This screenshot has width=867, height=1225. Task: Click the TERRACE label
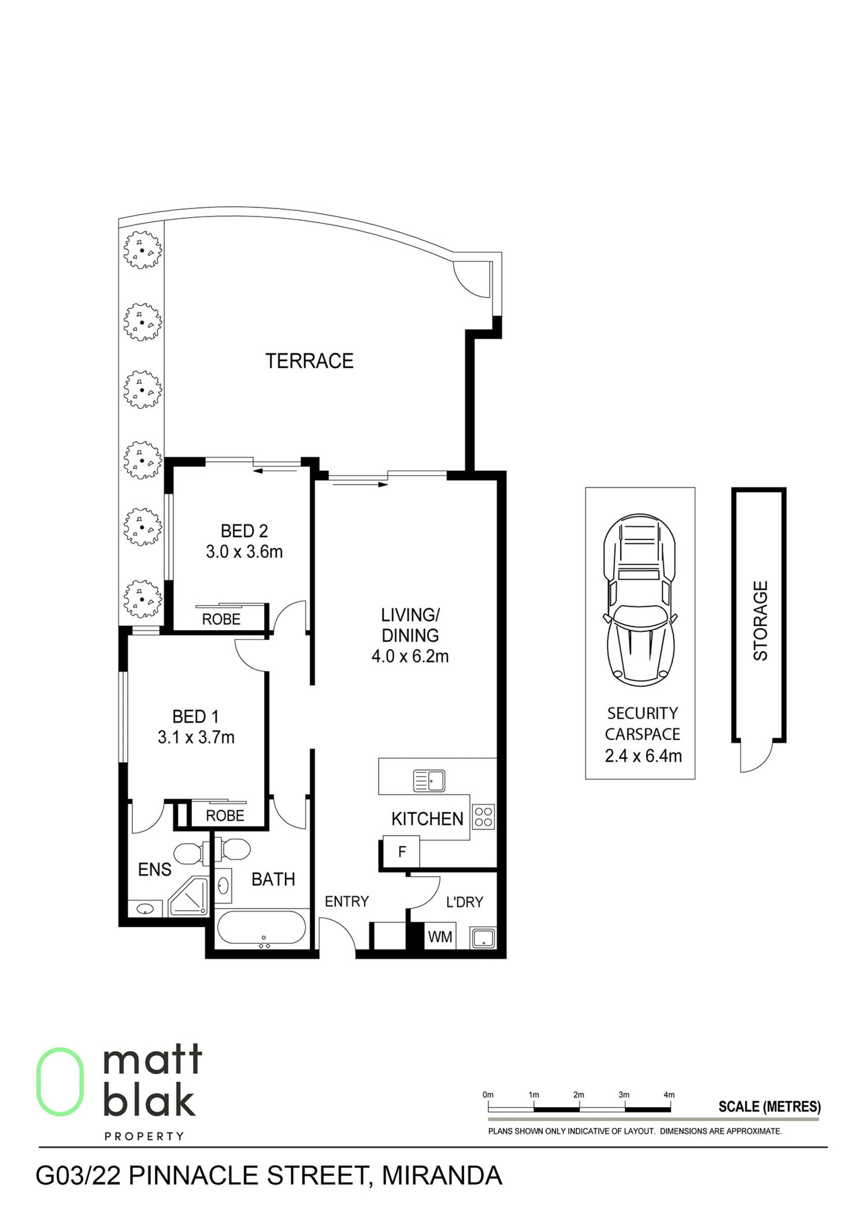click(310, 361)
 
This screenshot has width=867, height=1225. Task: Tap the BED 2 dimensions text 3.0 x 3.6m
click(244, 552)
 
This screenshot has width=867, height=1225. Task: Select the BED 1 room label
click(196, 717)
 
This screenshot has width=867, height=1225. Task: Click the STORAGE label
click(760, 621)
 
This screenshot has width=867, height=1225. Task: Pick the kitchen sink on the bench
click(429, 780)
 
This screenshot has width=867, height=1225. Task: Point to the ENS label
click(155, 870)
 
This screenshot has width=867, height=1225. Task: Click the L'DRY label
click(465, 902)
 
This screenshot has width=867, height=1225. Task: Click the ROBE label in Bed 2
click(221, 619)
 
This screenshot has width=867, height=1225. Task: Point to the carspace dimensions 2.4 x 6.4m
click(643, 756)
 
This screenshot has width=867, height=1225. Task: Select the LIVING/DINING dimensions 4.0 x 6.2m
click(410, 656)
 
